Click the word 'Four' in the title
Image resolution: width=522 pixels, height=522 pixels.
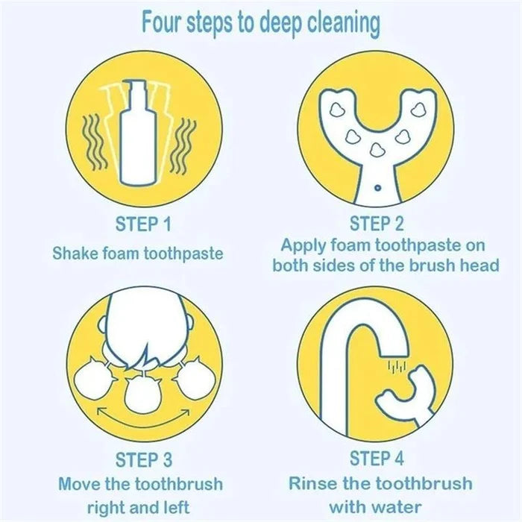pos(163,22)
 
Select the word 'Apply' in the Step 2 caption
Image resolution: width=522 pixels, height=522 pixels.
pos(304,245)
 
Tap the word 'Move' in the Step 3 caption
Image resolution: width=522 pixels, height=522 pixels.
pos(78,485)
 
